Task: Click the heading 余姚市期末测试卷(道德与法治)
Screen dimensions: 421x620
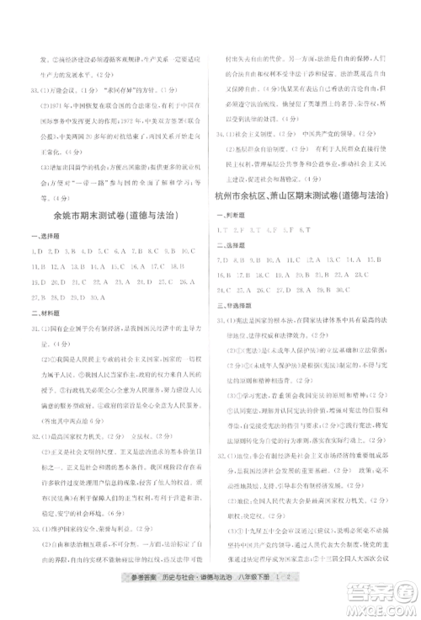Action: point(114,216)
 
